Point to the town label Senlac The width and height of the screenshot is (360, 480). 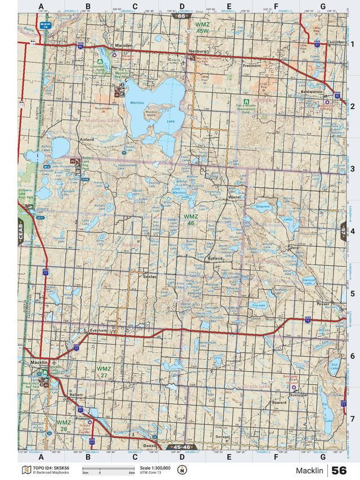[150, 277]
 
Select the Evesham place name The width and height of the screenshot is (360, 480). [98, 331]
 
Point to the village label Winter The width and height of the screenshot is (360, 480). [235, 198]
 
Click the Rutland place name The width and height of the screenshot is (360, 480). [215, 258]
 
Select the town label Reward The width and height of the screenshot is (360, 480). [279, 403]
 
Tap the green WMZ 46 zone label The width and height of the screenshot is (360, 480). [191, 219]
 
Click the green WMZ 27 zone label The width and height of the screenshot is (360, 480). [104, 372]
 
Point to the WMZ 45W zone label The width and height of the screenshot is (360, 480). [202, 28]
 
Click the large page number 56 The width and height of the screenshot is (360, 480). [339, 470]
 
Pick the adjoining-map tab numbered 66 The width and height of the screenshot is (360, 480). [181, 16]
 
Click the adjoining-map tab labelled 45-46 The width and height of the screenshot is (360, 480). [183, 447]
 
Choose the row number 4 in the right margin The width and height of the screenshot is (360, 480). [352, 231]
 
